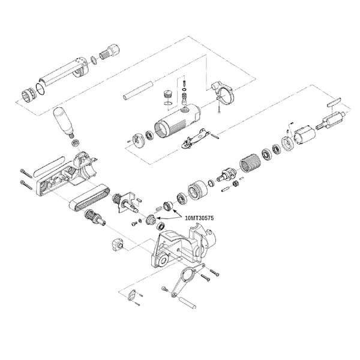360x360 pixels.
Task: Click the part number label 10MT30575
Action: (x=199, y=218)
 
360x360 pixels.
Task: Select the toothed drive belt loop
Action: (x=90, y=198)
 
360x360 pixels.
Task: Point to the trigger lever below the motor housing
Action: (x=196, y=139)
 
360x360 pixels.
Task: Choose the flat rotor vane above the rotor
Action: (x=334, y=101)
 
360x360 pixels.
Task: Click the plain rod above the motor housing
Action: (x=138, y=90)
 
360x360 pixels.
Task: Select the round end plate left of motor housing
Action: (x=139, y=139)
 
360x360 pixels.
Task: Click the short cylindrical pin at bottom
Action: (x=188, y=302)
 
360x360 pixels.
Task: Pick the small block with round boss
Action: (x=118, y=245)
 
